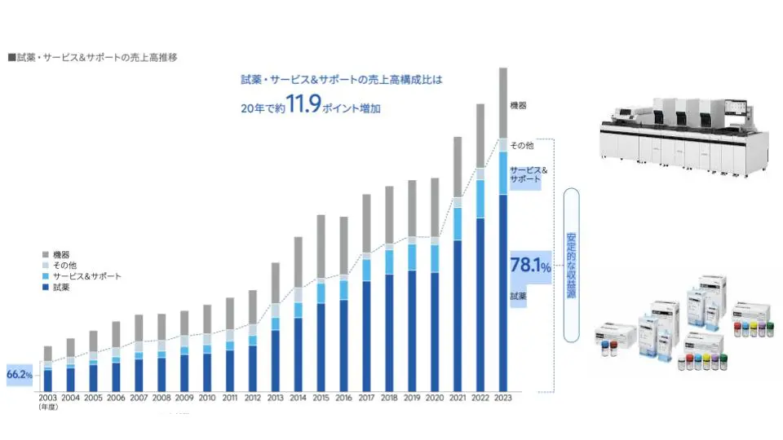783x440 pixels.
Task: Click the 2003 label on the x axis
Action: point(47,398)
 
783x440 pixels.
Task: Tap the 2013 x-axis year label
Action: point(276,398)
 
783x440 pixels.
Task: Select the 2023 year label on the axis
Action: point(503,398)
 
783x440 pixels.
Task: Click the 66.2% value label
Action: point(20,375)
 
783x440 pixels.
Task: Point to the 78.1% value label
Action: point(530,266)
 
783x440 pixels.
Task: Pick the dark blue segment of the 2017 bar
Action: point(366,334)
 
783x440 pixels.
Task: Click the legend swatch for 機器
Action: point(46,255)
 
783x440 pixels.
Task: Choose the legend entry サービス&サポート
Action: point(86,276)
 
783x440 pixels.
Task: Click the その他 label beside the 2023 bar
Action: point(521,146)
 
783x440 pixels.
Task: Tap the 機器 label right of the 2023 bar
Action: point(518,106)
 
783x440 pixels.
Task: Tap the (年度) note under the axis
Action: point(47,408)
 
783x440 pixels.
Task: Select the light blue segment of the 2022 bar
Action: point(480,199)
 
